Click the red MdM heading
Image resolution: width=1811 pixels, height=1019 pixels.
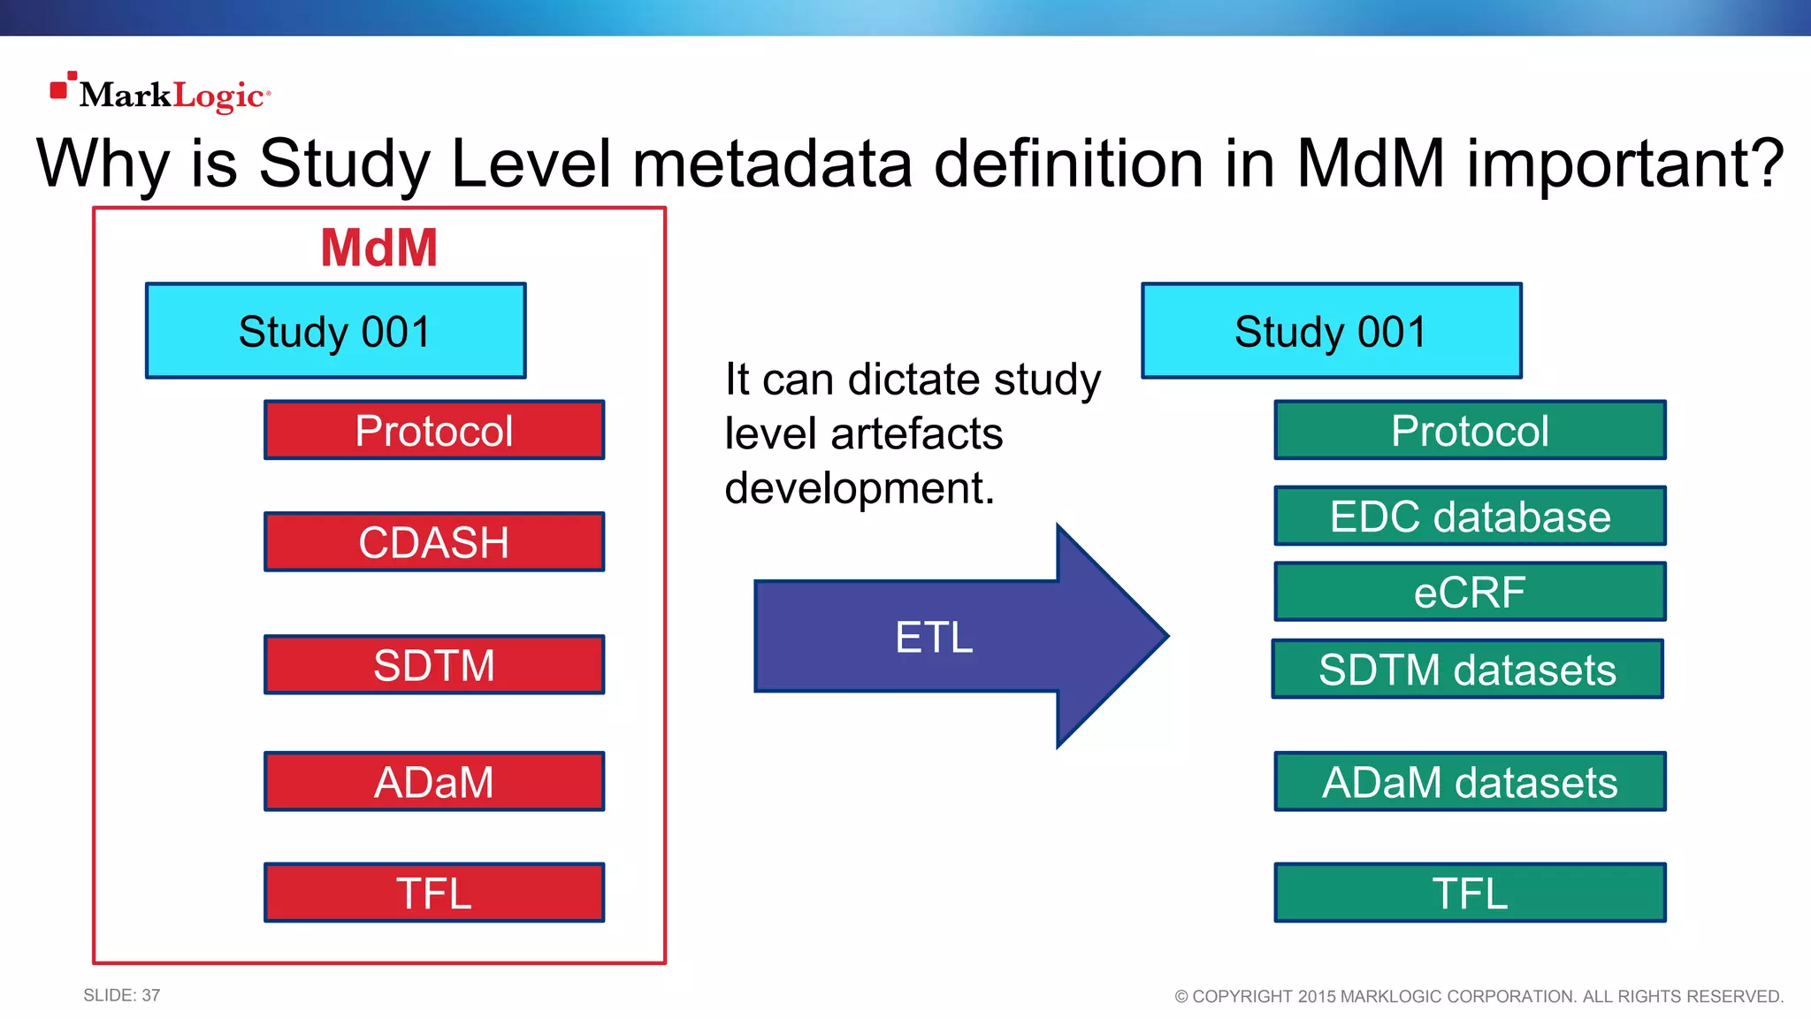coord(378,248)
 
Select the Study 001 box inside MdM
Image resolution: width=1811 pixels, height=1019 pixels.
coord(336,331)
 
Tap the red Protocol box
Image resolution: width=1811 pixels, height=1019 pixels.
coord(434,430)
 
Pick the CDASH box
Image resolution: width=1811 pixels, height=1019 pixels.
coord(434,541)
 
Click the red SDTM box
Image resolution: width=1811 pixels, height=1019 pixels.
coord(434,664)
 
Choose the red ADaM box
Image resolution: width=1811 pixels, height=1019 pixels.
coord(434,781)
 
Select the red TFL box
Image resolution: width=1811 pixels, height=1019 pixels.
coord(434,893)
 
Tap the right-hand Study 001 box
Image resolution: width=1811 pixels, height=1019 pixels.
coord(1332,331)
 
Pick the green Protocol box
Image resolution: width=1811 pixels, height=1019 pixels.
coord(1470,430)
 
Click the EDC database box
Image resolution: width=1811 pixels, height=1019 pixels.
coord(1470,516)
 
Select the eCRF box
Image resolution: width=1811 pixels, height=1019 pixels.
coord(1470,592)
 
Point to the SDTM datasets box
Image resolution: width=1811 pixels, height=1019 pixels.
coord(1467,669)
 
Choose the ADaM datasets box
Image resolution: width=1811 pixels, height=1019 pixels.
coord(1470,781)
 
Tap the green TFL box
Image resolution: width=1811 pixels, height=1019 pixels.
coord(1470,893)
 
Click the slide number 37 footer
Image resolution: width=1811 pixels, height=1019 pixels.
coord(122,995)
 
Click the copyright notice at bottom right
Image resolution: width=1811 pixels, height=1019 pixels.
coord(1479,996)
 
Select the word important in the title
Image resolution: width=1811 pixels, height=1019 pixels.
coord(1625,164)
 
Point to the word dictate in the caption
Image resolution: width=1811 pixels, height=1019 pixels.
coord(914,379)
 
